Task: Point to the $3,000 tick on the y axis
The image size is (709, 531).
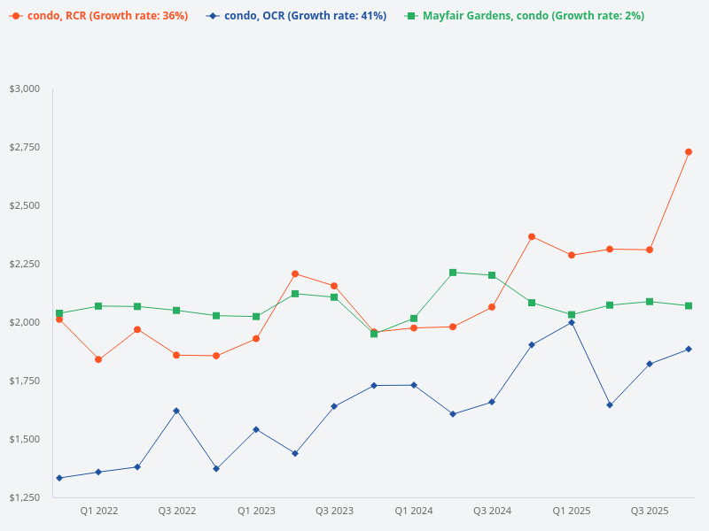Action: coord(25,88)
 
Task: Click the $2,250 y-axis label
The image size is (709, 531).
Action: coord(25,264)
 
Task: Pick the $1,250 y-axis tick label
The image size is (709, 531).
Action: coord(25,497)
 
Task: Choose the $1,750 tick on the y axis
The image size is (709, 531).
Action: coord(25,381)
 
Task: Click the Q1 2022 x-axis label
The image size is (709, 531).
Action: coord(98,512)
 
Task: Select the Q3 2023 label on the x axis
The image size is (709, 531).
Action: coord(334,512)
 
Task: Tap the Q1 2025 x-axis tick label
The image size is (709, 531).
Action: coord(572,512)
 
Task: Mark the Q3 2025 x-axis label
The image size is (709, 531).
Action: coord(650,512)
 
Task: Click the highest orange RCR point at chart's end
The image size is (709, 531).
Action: coord(689,152)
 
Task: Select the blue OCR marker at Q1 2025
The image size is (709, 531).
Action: coord(572,322)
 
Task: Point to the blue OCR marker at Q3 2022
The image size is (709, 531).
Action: coord(176,411)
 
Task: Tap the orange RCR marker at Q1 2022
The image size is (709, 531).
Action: coord(98,359)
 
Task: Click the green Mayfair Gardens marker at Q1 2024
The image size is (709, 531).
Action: coord(414,319)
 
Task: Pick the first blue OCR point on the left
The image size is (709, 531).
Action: coord(59,478)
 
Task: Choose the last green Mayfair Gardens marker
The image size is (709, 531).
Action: coord(689,306)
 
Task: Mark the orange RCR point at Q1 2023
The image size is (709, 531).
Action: coord(256,339)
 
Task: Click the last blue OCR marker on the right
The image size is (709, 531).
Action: coord(689,349)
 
